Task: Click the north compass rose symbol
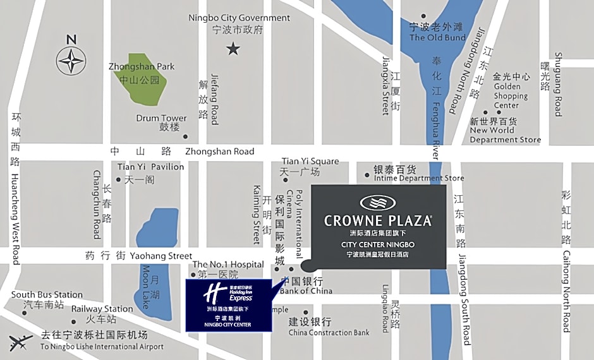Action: coord(71,61)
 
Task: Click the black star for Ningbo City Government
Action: coord(234,48)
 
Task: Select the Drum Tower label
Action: coord(161,118)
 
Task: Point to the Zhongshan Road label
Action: coord(219,152)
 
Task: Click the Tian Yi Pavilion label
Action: coord(150,167)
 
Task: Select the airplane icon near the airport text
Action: coord(21,342)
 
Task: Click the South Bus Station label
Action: coord(47,294)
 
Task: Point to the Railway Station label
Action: coord(102,309)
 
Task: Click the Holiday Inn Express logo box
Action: coord(228,304)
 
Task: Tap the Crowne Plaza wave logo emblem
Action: coord(378,203)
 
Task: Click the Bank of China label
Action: coord(306,291)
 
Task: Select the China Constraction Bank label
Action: coord(329,332)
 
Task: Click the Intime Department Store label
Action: coord(418,178)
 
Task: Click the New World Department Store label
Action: coord(505,135)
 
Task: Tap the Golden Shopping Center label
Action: coord(507,96)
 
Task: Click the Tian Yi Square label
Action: coord(310,162)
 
